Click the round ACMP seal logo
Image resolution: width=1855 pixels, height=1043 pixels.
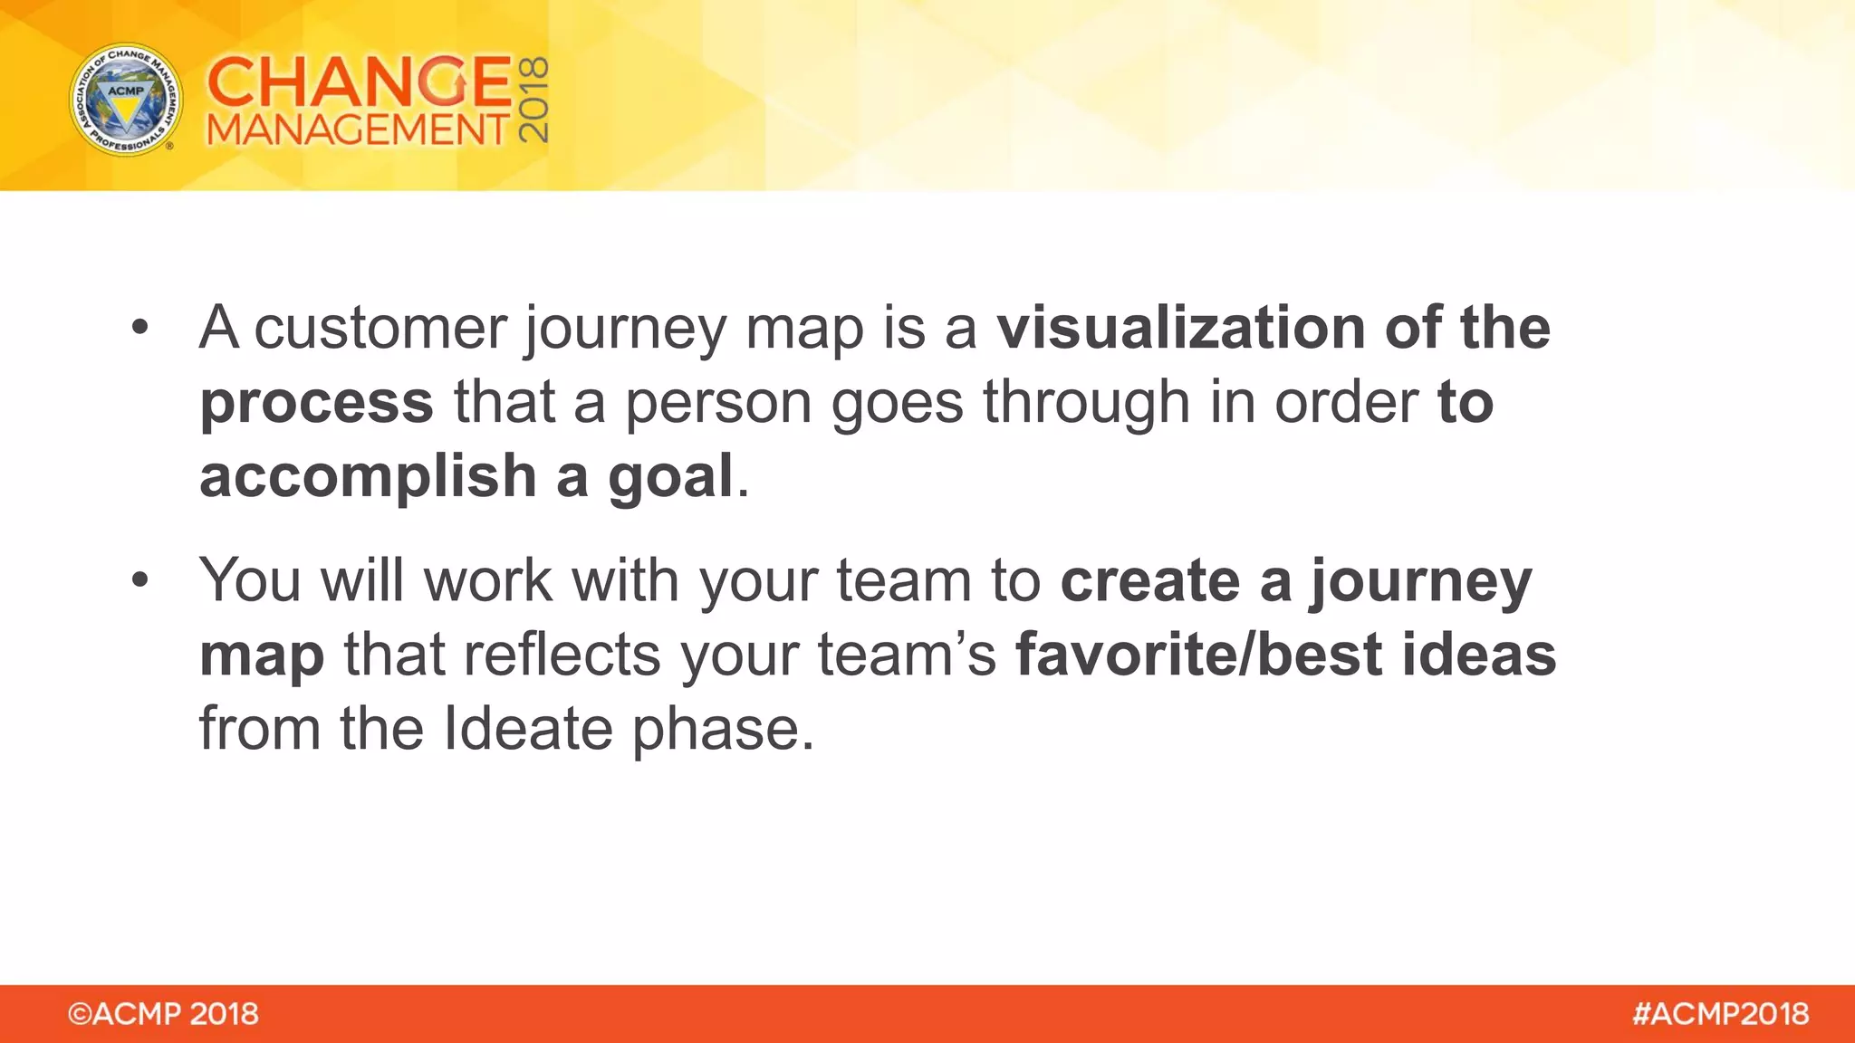click(x=126, y=100)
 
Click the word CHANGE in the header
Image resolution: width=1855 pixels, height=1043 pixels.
click(x=359, y=81)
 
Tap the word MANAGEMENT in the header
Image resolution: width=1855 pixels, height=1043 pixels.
click(x=359, y=130)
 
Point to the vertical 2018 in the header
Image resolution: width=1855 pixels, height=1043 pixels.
click(x=534, y=100)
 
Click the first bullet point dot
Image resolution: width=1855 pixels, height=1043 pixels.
click(x=139, y=328)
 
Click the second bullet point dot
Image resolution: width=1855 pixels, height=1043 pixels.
click(x=139, y=580)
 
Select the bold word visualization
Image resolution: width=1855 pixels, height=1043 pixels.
click(x=1180, y=328)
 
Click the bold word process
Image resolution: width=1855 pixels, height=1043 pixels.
click(x=316, y=403)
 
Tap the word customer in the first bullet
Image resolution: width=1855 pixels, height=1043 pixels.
click(x=380, y=328)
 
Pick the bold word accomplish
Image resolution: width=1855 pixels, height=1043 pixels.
click(x=368, y=477)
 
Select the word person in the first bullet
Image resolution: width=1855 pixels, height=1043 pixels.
click(x=717, y=403)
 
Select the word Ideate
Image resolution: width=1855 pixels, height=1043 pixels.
click(x=528, y=729)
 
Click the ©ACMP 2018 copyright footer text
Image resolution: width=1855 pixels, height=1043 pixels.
click(x=163, y=1014)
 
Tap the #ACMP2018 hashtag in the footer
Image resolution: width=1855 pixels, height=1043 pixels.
click(x=1720, y=1014)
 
